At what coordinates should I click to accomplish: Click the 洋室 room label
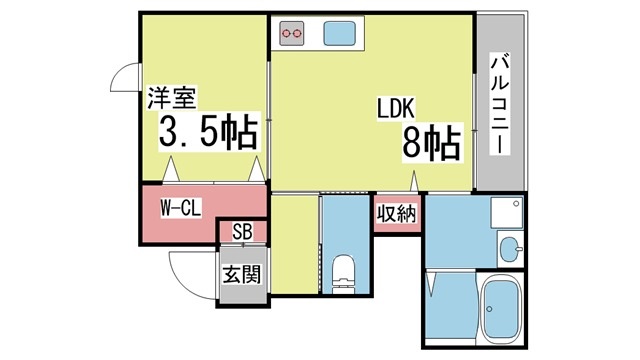point(172,98)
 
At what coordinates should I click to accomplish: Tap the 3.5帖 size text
point(209,132)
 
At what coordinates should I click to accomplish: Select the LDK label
point(396,108)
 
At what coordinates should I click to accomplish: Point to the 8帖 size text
point(431,142)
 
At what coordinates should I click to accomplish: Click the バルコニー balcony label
point(500,104)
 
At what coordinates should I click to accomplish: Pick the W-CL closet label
point(180,208)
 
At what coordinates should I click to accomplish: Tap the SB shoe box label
point(242,232)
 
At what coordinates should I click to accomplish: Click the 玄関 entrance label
point(242,274)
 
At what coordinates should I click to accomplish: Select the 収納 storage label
point(396,213)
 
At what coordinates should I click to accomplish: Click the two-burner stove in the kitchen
point(292,33)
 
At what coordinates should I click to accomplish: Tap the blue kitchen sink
point(340,33)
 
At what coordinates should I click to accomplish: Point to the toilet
point(344,274)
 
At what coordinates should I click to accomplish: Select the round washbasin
point(511,249)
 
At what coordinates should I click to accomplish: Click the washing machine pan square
point(507,213)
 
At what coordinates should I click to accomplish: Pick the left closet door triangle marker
point(171,169)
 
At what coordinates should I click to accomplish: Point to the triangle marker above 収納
point(414,181)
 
